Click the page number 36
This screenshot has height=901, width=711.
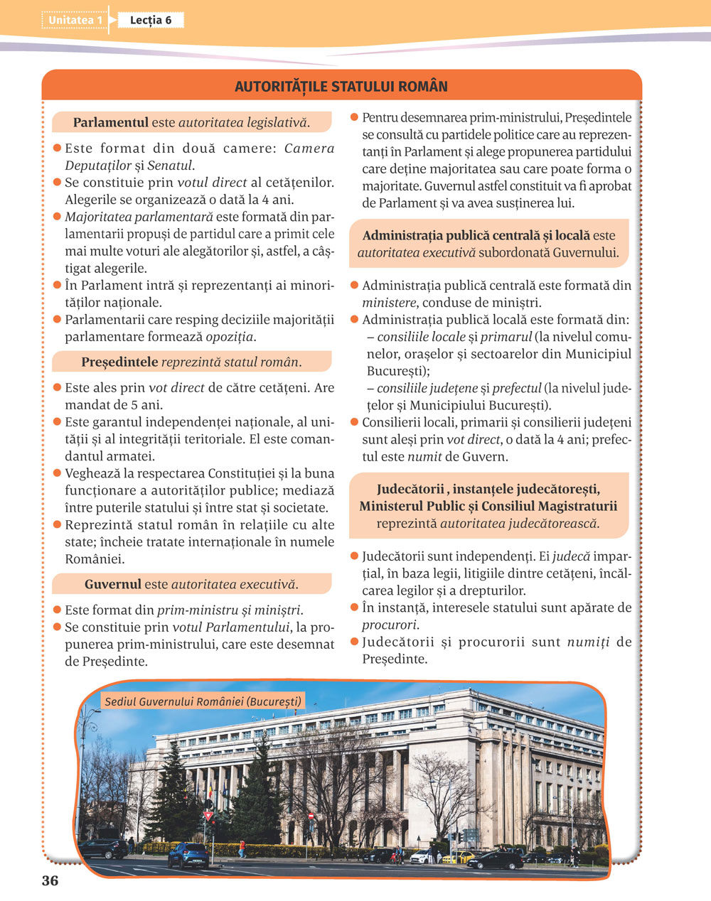[50, 881]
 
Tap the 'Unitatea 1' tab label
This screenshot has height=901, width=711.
[75, 20]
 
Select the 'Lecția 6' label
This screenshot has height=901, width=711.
[151, 20]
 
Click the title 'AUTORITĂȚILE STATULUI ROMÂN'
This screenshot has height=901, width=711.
[341, 87]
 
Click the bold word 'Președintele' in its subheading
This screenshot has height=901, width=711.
[119, 362]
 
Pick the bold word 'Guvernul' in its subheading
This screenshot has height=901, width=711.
[112, 584]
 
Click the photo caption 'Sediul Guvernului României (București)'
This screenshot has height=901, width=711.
[203, 702]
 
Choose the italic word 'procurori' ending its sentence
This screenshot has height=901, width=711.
[389, 625]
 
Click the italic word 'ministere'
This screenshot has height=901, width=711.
[388, 303]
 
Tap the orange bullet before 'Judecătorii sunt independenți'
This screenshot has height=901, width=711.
[354, 556]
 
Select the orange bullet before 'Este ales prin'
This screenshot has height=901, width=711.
[57, 388]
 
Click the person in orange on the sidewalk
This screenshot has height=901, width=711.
[242, 847]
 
